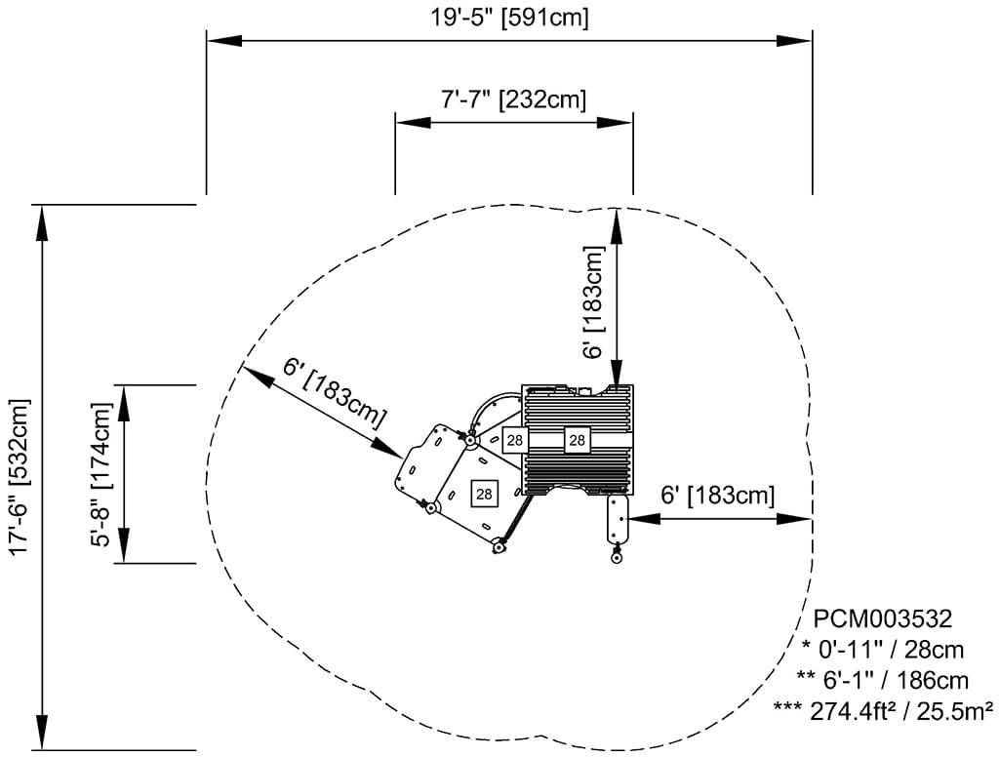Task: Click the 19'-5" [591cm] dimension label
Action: coord(510,17)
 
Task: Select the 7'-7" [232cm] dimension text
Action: coord(513,100)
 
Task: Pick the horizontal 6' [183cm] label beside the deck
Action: coord(718,496)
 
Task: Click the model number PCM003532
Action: coord(883,618)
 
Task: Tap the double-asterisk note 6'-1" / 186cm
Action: coord(883,680)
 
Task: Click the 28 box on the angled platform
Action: coord(484,494)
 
